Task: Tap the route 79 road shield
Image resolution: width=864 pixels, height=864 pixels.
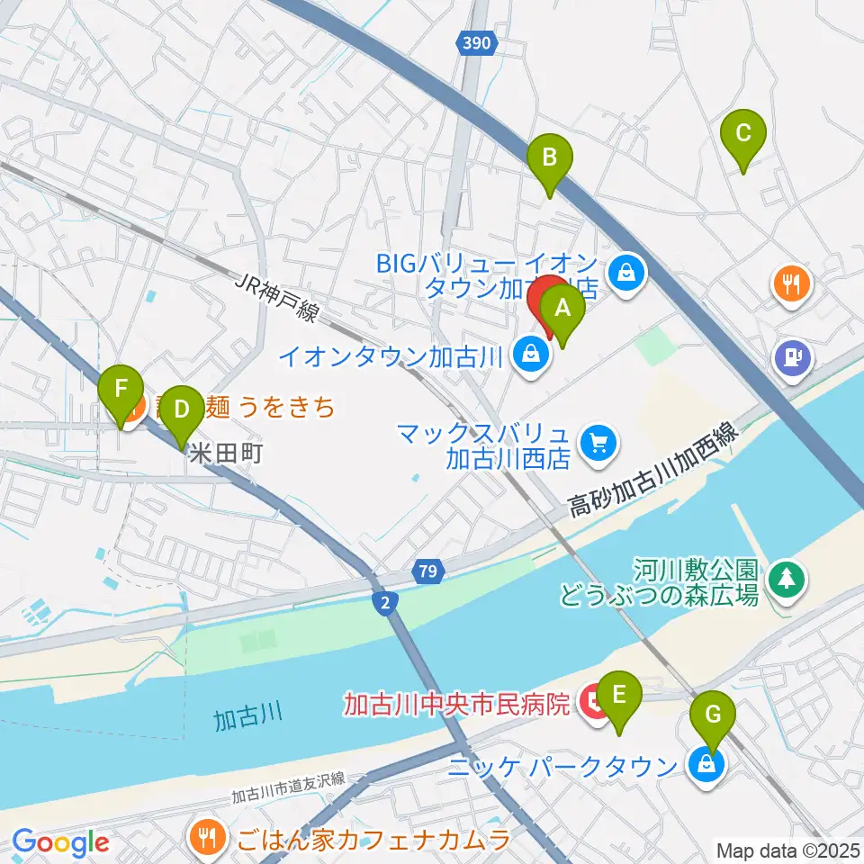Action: [428, 571]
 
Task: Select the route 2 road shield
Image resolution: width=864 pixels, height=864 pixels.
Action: [385, 604]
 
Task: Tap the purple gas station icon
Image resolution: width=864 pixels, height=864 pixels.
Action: [793, 357]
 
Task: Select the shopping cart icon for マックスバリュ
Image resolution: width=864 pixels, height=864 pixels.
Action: [598, 442]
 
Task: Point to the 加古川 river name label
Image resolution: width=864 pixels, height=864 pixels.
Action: [248, 716]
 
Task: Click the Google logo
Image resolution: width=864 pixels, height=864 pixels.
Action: [61, 842]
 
